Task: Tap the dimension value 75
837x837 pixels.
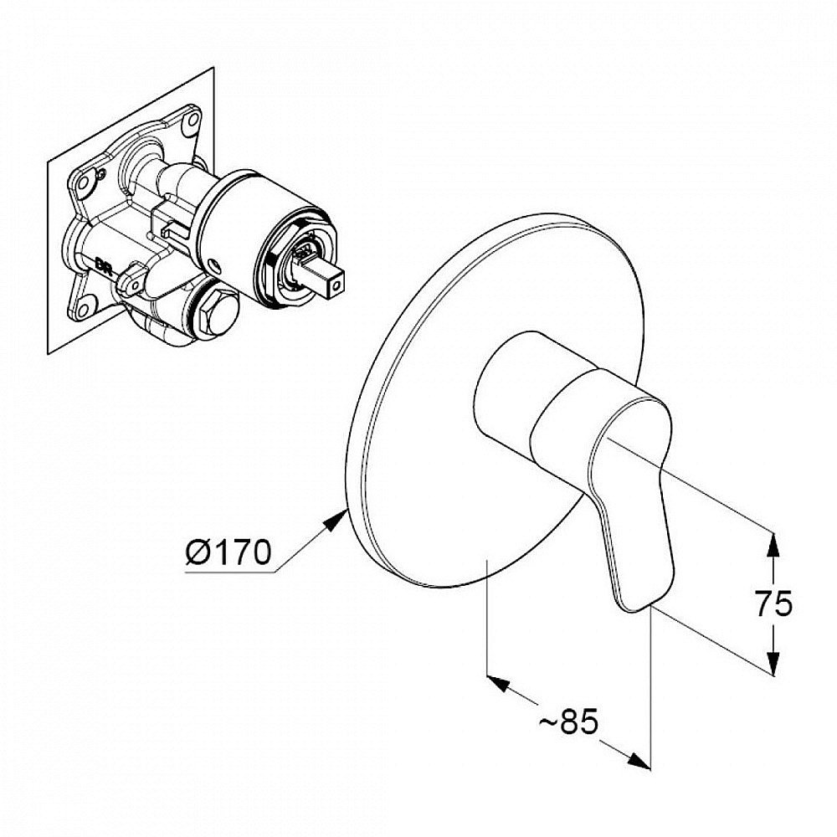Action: pos(773,604)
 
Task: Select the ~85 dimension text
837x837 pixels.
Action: pos(568,721)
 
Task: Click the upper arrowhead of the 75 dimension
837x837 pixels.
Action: pos(772,545)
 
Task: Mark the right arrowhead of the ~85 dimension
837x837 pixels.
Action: pos(639,761)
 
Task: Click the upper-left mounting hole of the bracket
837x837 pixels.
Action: pos(82,182)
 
